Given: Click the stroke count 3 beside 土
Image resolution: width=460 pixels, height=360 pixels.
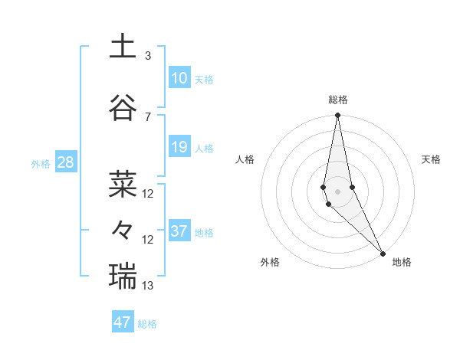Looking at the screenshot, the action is (x=148, y=55).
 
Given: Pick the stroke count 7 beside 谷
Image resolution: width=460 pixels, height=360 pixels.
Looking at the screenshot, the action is (x=148, y=116).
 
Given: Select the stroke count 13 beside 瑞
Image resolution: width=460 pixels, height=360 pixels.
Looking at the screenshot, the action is (x=148, y=286).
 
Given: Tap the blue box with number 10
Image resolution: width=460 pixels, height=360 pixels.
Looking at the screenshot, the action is (x=179, y=77).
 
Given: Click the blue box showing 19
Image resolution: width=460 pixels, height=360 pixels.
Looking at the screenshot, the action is (x=179, y=147).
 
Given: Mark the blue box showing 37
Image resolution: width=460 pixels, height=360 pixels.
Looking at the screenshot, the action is (x=179, y=231).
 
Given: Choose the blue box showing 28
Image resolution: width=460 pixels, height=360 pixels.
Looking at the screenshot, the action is (x=65, y=162).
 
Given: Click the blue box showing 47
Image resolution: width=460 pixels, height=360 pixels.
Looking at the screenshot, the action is (x=123, y=322).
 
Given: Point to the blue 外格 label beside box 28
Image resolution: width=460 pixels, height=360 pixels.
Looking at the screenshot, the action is (x=41, y=163).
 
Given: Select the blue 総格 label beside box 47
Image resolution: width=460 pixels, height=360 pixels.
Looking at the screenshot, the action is (x=147, y=324).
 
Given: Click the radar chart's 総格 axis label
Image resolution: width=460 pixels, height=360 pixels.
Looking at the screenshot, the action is (x=338, y=100).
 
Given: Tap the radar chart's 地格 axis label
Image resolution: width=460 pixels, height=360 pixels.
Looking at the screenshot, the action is (x=402, y=262).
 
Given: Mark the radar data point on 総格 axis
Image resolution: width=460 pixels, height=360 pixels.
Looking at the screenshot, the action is (x=337, y=116).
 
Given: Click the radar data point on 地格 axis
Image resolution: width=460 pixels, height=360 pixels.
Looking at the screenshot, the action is (x=383, y=252).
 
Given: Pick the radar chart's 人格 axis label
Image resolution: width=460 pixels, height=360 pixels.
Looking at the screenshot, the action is (x=245, y=159).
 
